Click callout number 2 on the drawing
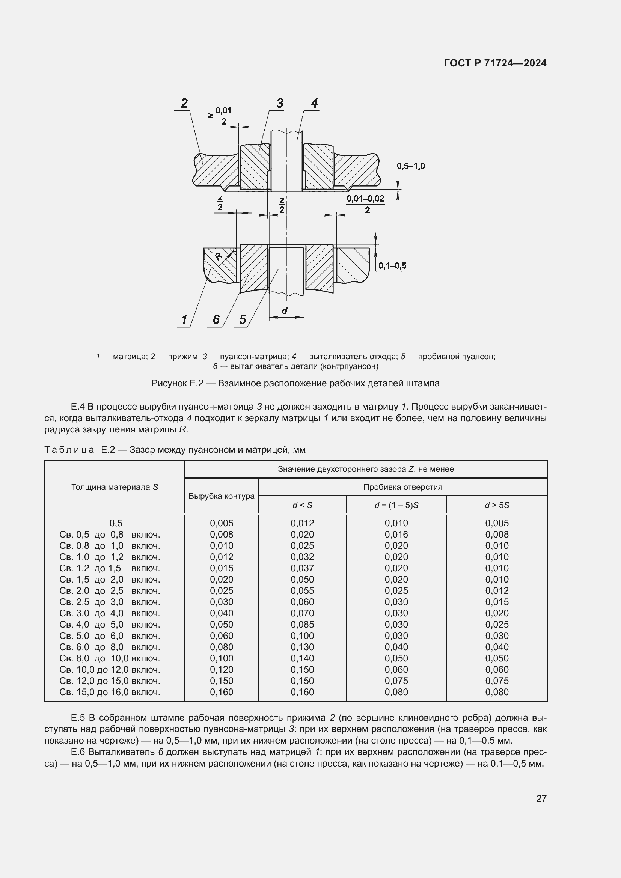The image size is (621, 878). coord(184,103)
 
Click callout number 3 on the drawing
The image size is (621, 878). coord(280,103)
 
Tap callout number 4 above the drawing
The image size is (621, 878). coord(314,103)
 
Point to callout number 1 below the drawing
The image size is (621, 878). coord(184,319)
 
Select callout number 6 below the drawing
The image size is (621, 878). coord(216,319)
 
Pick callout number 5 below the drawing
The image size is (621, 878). coord(243,319)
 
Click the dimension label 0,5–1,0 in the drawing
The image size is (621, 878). coord(411,166)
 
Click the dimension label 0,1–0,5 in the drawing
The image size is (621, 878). coord(392,266)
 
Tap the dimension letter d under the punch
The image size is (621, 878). coord(285,311)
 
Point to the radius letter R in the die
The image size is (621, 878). coord(219,256)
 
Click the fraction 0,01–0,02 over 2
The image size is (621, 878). coord(366,204)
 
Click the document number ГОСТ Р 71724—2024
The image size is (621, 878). coord(495,63)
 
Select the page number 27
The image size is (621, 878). coord(541,798)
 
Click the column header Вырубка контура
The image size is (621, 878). coord(222,496)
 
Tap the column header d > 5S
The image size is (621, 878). coord(497,505)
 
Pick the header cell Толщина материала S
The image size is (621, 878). coord(115,487)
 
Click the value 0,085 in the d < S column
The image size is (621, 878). coord(302,625)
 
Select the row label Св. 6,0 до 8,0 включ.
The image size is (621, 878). coord(109,647)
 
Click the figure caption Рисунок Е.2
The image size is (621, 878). coord(295,383)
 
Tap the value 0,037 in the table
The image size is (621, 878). coord(302,568)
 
